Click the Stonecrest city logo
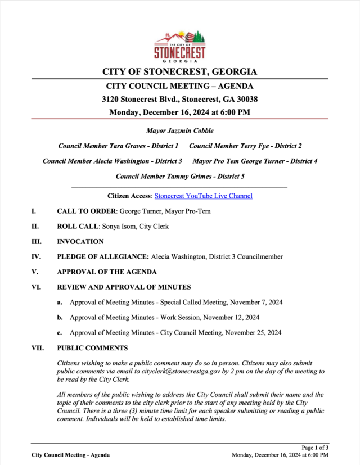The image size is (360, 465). (180, 46)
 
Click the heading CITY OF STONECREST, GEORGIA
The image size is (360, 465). (180, 72)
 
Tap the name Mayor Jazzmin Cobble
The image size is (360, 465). (180, 130)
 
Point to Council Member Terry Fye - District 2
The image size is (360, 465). (245, 146)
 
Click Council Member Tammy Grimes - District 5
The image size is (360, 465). (180, 176)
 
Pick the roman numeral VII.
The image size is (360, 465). (38, 348)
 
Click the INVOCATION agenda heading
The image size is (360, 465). (80, 241)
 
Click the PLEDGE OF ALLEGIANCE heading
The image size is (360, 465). (103, 256)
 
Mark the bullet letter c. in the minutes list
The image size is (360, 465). (60, 332)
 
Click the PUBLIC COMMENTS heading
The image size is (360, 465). (92, 348)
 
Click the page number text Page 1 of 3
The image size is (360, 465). (315, 448)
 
